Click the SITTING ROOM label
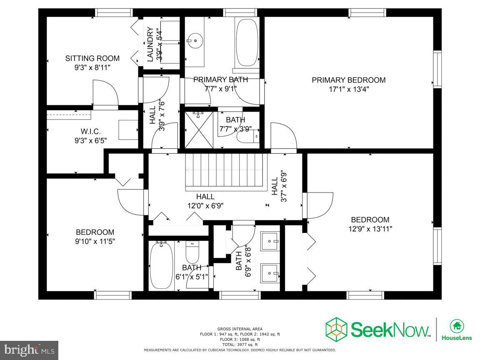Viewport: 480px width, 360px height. (x=92, y=58)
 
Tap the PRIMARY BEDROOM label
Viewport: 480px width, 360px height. (x=349, y=80)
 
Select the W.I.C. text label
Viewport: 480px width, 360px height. (x=90, y=132)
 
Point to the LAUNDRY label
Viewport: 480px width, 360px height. (x=150, y=45)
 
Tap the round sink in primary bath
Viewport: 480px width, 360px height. (x=195, y=41)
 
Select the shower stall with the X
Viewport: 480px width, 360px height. (x=199, y=130)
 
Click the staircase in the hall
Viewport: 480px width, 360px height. (x=225, y=172)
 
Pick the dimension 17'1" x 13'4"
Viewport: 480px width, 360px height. (x=349, y=90)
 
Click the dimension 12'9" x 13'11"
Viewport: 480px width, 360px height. (x=370, y=229)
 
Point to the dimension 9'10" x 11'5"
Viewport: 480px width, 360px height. (x=95, y=242)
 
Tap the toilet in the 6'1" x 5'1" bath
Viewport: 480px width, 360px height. (x=192, y=251)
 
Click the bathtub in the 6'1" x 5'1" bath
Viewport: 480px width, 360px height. (x=161, y=265)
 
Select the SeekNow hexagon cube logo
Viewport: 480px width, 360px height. (x=336, y=330)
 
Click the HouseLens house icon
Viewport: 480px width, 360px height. (x=457, y=325)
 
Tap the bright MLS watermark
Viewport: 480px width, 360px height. (x=30, y=350)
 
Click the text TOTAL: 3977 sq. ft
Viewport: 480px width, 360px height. (x=240, y=345)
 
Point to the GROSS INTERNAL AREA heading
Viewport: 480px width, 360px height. (x=240, y=329)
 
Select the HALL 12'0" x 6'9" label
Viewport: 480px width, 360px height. (x=205, y=201)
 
